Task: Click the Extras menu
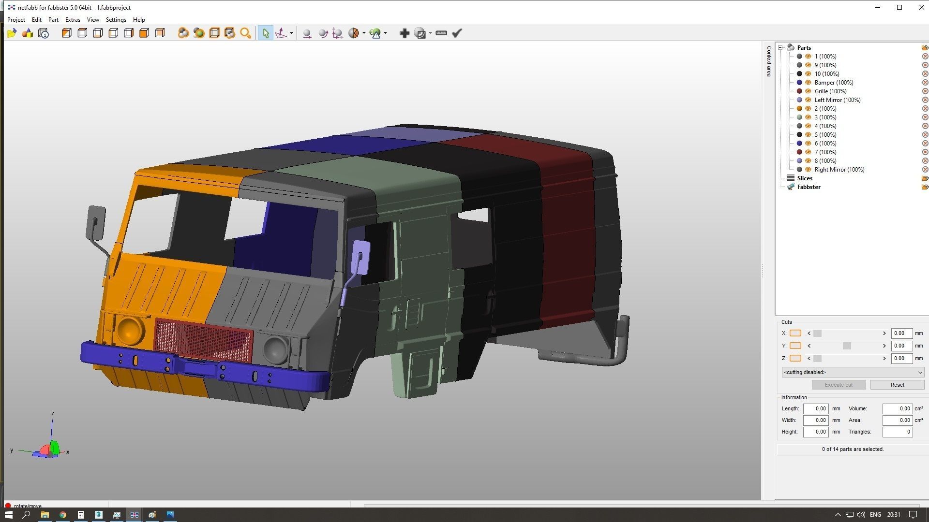point(73,20)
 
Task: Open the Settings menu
point(116,20)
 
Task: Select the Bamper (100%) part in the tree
point(833,83)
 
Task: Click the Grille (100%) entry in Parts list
point(830,91)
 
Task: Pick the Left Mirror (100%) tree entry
point(837,100)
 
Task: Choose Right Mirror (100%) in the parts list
point(839,170)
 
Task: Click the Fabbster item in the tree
point(809,187)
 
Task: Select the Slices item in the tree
point(805,178)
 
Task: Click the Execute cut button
point(839,385)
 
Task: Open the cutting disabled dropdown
point(853,372)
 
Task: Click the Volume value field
point(897,408)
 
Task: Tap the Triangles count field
point(897,432)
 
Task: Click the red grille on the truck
point(203,340)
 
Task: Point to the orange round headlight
point(129,330)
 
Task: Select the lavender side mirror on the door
point(360,257)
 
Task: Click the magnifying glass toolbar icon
point(246,33)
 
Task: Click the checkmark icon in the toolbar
point(457,33)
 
